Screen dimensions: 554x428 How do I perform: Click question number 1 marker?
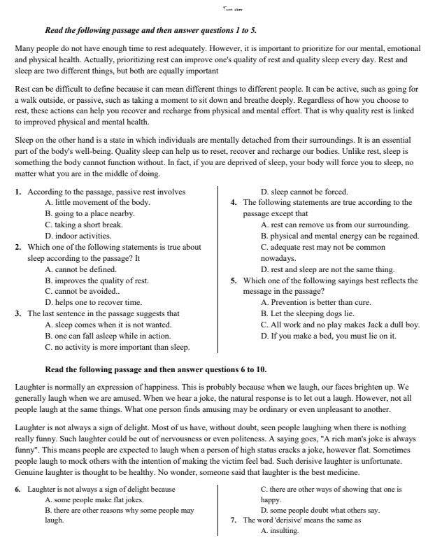coord(18,192)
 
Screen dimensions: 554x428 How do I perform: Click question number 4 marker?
coord(234,203)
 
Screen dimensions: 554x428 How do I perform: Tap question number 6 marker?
coord(18,490)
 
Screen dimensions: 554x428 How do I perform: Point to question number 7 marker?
coord(234,520)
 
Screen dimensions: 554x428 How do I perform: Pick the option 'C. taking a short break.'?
coord(84,225)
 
